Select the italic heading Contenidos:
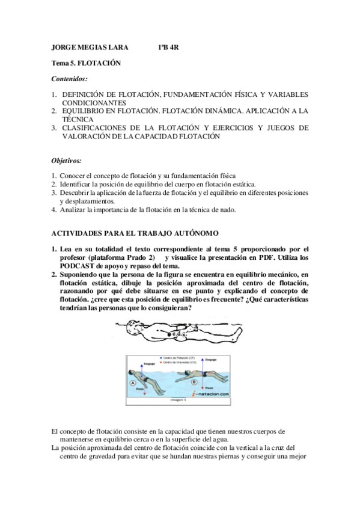tap(69, 78)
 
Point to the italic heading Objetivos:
tap(66, 161)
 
